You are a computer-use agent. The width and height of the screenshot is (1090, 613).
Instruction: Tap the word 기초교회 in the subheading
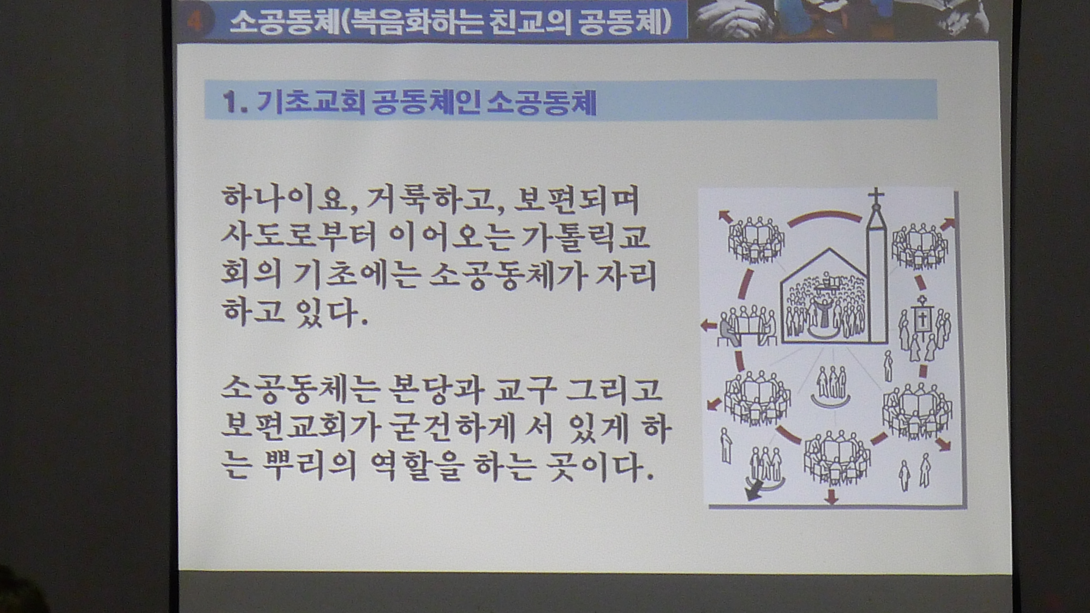tap(311, 103)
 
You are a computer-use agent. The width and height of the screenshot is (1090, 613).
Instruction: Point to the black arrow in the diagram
tap(754, 490)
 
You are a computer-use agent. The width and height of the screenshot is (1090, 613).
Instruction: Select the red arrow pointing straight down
tap(832, 496)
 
